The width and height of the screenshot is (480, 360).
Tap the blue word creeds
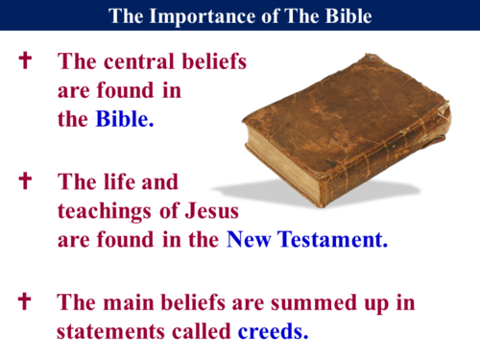(x=274, y=332)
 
